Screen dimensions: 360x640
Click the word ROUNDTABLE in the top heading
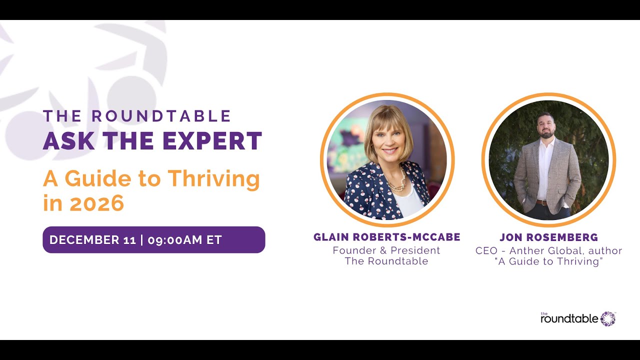point(161,116)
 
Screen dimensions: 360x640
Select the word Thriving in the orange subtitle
point(213,179)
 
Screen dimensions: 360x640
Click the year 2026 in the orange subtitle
point(97,203)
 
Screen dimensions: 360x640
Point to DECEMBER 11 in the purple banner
point(92,240)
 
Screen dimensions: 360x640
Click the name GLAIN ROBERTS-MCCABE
point(386,237)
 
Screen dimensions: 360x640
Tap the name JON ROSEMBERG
point(548,237)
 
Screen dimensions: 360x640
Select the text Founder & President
point(386,250)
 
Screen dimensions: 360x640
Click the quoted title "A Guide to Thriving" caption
point(548,261)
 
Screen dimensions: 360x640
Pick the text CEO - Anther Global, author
point(548,250)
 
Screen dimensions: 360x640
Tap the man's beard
point(546,133)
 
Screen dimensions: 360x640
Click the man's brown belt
point(542,202)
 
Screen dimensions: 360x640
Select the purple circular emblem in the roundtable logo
point(608,318)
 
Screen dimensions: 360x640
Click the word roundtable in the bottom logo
point(569,319)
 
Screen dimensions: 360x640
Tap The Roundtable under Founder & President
point(386,261)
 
